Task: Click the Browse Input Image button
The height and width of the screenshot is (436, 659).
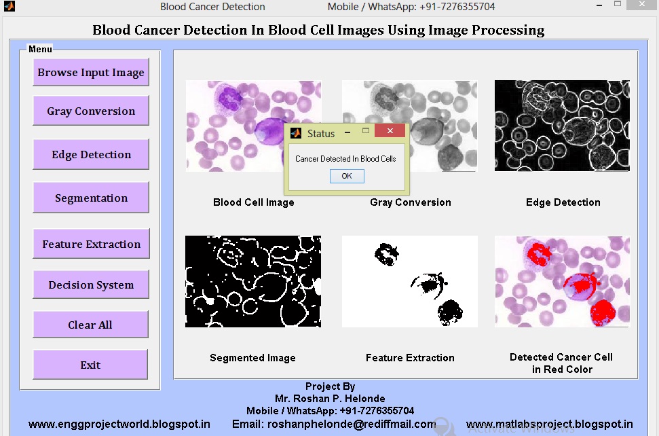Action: [x=91, y=73]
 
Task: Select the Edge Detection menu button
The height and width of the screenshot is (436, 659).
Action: [x=91, y=155]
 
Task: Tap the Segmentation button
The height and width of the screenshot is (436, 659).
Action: [x=91, y=198]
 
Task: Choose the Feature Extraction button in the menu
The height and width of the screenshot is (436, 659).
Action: [x=91, y=244]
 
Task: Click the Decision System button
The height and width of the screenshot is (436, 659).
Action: [x=91, y=285]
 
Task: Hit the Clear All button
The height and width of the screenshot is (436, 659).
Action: [x=90, y=325]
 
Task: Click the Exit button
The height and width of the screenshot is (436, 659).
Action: [x=90, y=365]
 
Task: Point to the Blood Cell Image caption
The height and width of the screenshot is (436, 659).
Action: [x=254, y=202]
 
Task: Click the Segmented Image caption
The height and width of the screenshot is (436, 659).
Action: [x=252, y=358]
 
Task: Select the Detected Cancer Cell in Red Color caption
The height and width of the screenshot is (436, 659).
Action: [x=561, y=363]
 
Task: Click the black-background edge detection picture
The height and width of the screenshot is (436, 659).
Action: [x=562, y=126]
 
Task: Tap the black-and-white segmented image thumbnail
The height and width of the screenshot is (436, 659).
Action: [x=253, y=281]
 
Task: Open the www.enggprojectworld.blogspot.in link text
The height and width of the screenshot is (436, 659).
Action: [x=119, y=424]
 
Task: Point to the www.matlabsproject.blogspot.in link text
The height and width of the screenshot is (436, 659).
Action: [x=550, y=424]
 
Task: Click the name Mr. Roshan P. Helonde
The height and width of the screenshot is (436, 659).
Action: [x=330, y=399]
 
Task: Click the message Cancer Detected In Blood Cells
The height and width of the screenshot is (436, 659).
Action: [x=345, y=159]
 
